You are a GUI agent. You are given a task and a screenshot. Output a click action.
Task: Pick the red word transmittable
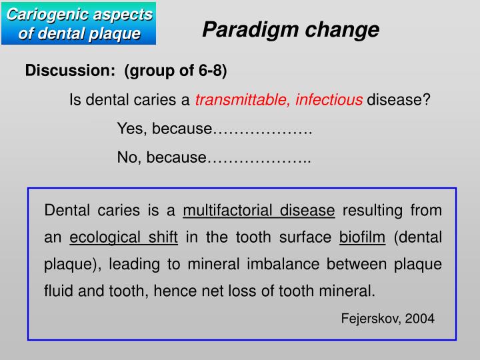(241, 100)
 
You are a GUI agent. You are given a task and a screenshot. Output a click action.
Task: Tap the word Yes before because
(129, 129)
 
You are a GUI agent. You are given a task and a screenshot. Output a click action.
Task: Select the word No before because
(127, 157)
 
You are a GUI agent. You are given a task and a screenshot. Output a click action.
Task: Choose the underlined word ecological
(104, 237)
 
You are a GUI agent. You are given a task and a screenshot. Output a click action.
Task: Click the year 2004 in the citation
(420, 319)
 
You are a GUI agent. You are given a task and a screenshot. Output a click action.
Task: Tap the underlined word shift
(163, 237)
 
